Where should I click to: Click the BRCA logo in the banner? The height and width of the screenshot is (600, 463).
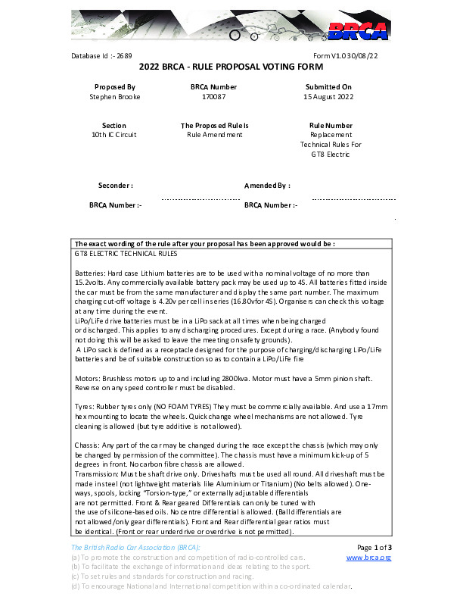click(358, 30)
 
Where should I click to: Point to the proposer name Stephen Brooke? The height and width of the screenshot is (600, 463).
click(115, 97)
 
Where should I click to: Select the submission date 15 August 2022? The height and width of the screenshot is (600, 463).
click(328, 97)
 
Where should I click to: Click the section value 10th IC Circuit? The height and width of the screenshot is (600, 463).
click(115, 135)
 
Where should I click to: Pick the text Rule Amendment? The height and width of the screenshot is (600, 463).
click(215, 135)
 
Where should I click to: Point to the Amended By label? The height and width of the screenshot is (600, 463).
click(267, 185)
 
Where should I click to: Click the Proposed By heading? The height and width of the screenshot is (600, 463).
click(115, 88)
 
